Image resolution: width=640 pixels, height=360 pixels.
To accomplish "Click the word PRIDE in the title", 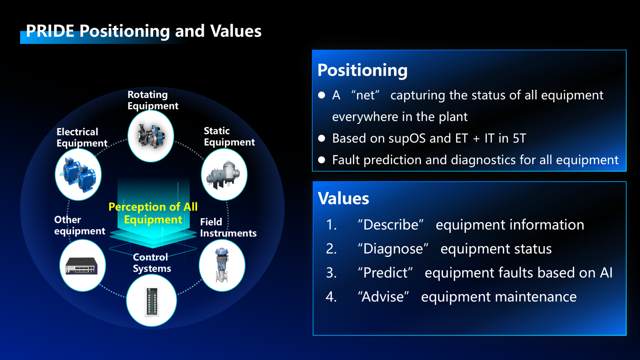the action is pos(50,31).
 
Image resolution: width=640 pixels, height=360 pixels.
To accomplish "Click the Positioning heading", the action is pos(362,70).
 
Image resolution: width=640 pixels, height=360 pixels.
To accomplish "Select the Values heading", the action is pos(343,198).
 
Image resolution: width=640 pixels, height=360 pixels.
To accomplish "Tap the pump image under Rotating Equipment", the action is pos(151,136).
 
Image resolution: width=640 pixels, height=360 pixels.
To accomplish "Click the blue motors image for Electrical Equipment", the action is pos(78,174).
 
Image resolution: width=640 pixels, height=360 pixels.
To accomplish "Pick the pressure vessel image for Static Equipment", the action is pos(224,174).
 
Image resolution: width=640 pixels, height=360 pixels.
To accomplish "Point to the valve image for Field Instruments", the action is pos(222,265).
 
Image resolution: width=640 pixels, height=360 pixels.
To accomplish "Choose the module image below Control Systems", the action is pos(151,301).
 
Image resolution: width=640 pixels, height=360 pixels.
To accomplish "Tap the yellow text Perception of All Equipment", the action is pos(153,213).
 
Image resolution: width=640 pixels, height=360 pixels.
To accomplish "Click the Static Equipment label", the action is pos(229,136).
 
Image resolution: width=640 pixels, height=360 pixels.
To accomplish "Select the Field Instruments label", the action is pos(228,227).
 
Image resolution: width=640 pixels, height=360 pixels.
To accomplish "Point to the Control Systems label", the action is pos(152,263).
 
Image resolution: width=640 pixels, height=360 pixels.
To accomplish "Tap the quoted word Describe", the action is pos(390,225).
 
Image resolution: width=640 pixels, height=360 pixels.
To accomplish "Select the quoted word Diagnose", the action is pos(393,249).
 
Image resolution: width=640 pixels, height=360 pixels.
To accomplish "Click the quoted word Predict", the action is pos(385,273).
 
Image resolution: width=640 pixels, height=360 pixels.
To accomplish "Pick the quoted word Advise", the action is pos(384,296).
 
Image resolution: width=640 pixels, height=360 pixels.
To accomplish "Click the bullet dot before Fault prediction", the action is pos(322,160).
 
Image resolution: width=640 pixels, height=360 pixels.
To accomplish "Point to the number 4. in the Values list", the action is pos(331,297).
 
